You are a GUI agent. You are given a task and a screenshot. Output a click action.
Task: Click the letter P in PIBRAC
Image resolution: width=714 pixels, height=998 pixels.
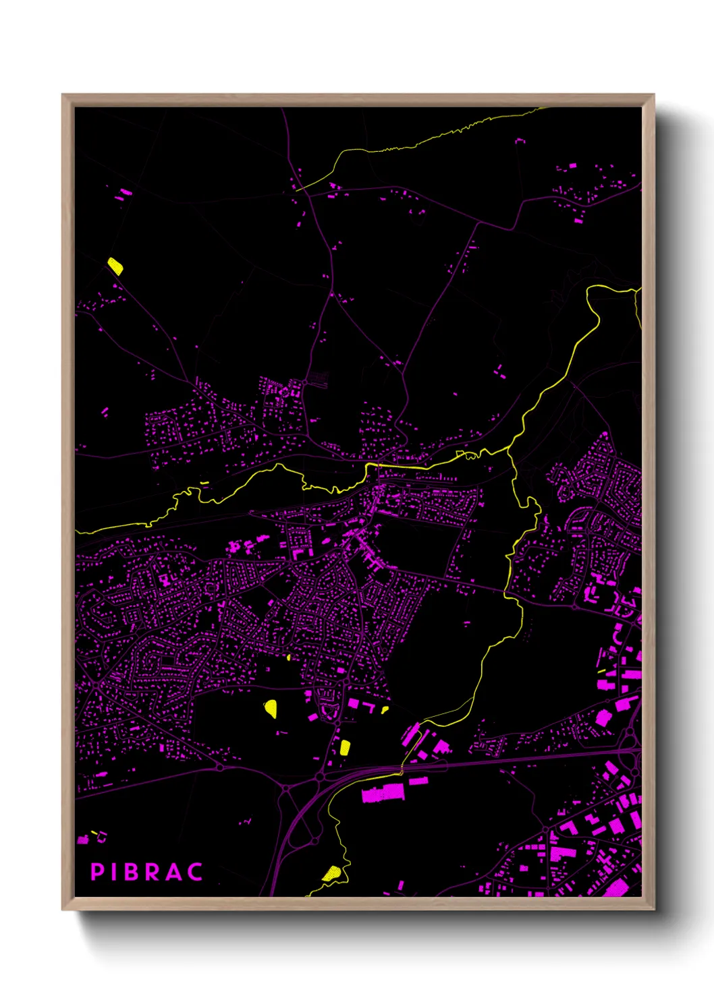coord(97,872)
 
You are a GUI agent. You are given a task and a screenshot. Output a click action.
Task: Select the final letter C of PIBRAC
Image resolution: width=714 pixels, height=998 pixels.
coord(196,872)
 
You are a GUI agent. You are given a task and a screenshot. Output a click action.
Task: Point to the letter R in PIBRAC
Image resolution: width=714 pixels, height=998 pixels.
coord(152,872)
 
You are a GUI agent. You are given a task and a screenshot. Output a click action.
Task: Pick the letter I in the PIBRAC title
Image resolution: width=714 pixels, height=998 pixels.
coord(113,872)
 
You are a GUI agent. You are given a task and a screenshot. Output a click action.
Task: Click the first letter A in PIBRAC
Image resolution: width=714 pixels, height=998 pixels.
coord(173,872)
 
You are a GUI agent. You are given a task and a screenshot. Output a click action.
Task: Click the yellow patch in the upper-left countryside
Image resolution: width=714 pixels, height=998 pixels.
coord(115,266)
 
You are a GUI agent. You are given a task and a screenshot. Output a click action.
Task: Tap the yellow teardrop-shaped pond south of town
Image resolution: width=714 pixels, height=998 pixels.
coord(271,707)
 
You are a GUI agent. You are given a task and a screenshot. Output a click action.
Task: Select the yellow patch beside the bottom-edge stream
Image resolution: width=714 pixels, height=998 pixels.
coord(332,874)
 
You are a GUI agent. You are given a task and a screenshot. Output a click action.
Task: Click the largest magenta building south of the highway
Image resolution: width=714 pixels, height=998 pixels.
coord(383,792)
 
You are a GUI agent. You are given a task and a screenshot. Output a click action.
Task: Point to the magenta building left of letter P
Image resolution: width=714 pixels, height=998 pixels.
coord(83,840)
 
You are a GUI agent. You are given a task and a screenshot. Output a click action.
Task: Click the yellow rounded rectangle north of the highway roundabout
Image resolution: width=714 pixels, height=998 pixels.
coord(345,746)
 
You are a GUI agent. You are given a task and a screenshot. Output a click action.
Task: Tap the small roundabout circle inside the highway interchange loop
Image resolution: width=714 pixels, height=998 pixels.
coord(314,841)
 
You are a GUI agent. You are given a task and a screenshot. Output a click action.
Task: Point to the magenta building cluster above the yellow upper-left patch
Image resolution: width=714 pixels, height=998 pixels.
coord(123,194)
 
